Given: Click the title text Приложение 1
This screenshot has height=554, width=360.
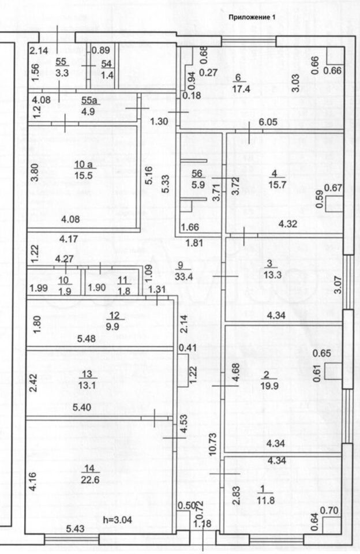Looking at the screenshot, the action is point(252,17).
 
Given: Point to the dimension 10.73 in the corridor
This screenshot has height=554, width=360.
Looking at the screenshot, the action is point(213,442).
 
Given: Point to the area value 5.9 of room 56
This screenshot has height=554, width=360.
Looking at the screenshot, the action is point(197,186).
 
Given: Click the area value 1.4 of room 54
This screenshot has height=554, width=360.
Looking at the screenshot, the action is point(107,75).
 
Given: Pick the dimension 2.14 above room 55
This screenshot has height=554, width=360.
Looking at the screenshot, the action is point(39,51).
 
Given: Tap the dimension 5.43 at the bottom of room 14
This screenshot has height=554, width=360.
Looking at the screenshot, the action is point(76,528).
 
